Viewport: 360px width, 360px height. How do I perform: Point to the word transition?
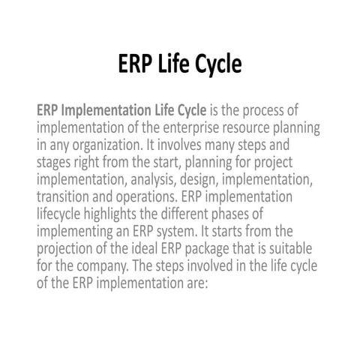pos(64,196)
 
